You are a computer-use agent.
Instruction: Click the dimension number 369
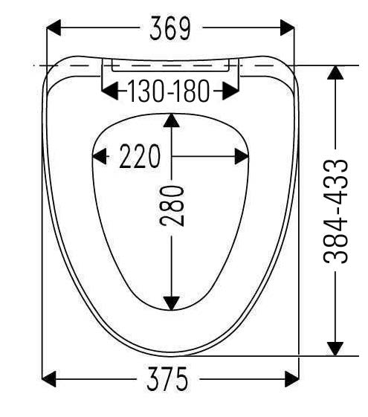170,28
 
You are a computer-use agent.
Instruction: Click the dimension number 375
167,379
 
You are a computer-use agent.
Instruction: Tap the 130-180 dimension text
169,91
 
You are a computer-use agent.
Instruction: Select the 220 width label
140,156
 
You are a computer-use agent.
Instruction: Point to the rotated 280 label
172,206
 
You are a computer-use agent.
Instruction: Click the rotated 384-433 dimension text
335,211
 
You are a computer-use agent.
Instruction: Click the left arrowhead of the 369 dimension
54,28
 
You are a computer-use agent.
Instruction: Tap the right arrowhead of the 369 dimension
288,28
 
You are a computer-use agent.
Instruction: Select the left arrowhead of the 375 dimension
49,379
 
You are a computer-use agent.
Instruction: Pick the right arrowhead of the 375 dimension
292,379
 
